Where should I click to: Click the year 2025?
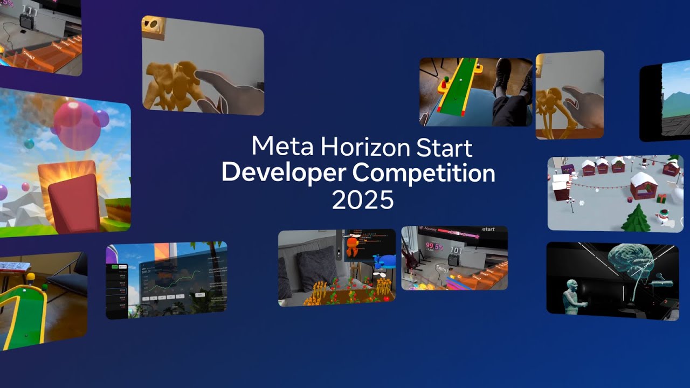point(362,200)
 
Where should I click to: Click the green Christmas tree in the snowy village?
point(636,219)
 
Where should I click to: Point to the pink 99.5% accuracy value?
point(434,247)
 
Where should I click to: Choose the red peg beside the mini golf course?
point(445,84)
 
